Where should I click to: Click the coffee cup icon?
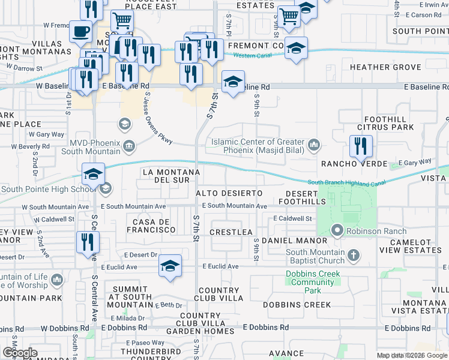[80, 32]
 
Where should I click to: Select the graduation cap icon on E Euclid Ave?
[170, 266]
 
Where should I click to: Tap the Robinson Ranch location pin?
[337, 230]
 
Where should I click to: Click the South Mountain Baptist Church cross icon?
[354, 256]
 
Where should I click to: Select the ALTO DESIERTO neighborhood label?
[230, 193]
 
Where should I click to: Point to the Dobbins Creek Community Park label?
[312, 282]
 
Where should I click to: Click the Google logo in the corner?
[20, 353]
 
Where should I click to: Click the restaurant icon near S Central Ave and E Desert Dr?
[88, 242]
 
